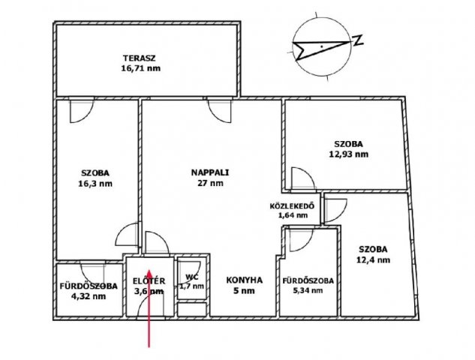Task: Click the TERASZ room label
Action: click(139, 58)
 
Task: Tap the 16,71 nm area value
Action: click(141, 68)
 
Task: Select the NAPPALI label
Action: click(210, 172)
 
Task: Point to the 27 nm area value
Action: click(211, 183)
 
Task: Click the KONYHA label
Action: click(244, 280)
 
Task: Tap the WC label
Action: click(192, 277)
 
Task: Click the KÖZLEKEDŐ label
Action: click(292, 206)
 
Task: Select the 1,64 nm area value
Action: click(293, 215)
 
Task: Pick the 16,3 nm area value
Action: click(95, 184)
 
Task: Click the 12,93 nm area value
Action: click(349, 154)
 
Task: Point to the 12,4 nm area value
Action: click(373, 260)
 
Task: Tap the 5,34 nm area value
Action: click(308, 291)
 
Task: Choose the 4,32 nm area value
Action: click(89, 296)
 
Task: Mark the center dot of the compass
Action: click(322, 46)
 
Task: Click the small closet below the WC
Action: click(192, 309)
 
